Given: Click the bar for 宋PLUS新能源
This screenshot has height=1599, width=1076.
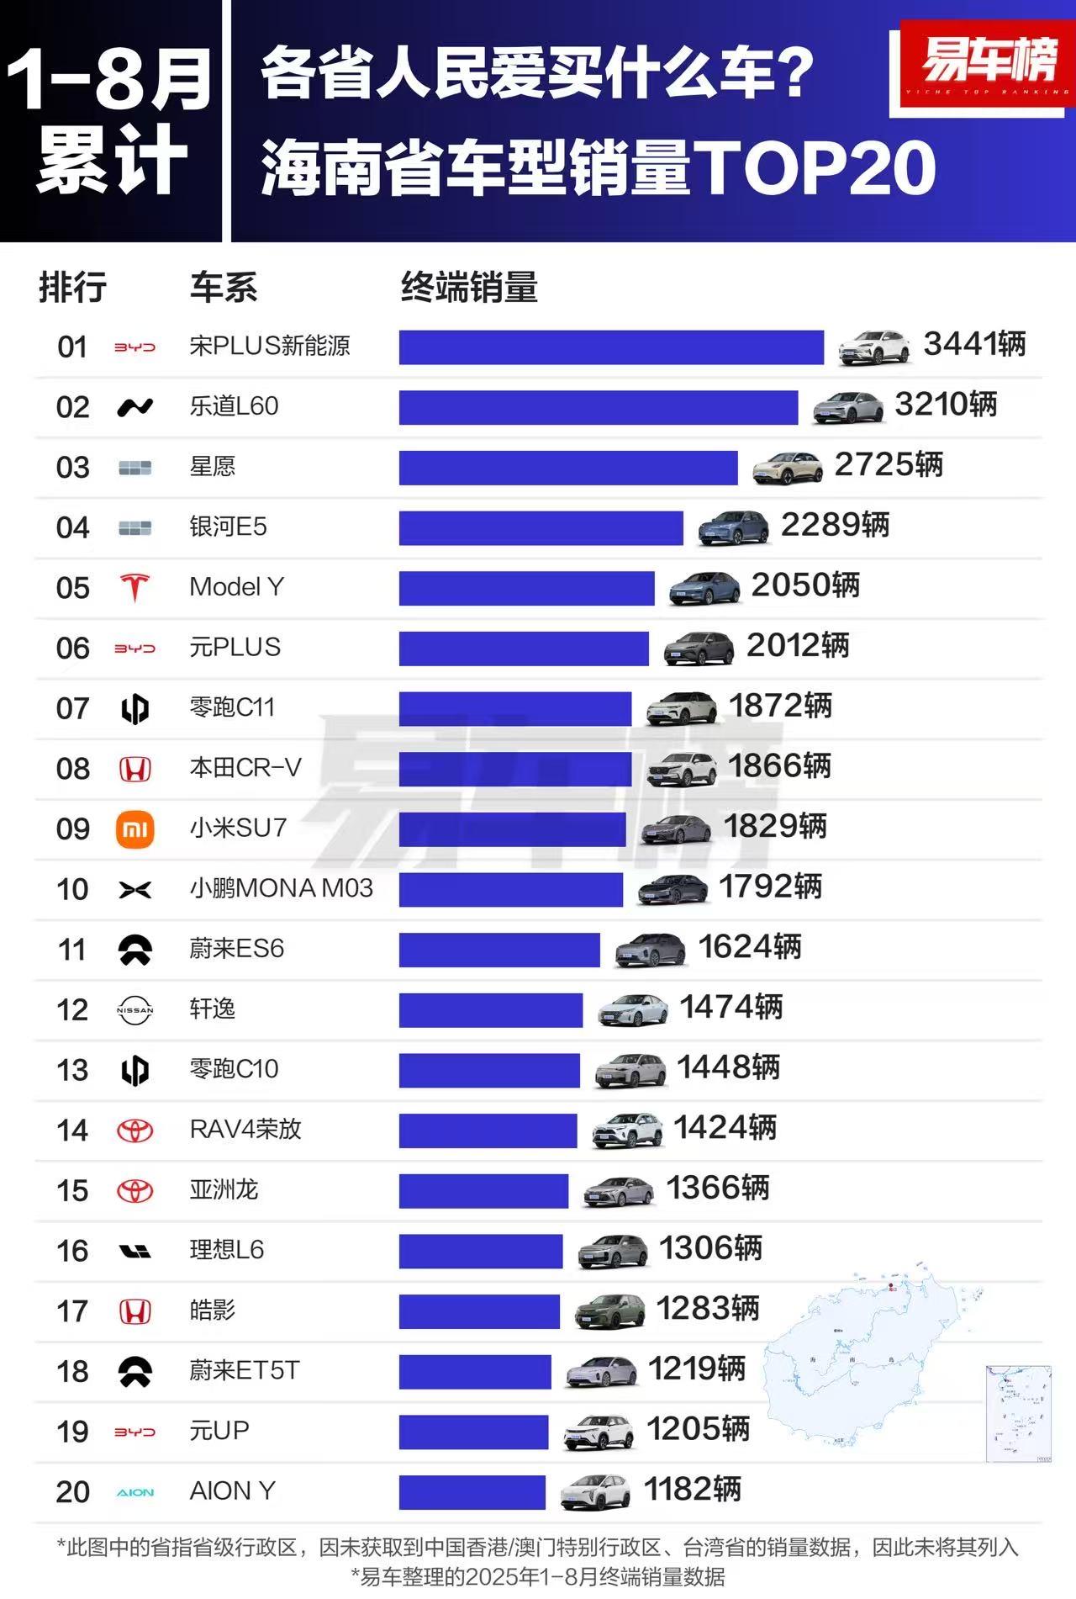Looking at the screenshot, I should pos(611,347).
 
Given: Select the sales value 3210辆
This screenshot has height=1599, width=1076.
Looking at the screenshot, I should pos(946,405).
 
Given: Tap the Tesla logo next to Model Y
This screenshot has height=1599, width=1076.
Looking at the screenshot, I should pos(134,587).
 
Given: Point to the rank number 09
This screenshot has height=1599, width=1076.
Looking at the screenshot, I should pos(72,829).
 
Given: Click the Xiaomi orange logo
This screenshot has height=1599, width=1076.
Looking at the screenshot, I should pos(134,830).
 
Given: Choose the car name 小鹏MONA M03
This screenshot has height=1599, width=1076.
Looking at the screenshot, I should pos(281,888).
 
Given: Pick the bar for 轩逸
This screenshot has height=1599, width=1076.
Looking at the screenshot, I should pos(490,1010).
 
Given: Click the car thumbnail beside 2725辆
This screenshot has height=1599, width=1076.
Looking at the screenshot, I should pos(787,468).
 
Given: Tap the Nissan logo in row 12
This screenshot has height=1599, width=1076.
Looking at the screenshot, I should pos(134,1010).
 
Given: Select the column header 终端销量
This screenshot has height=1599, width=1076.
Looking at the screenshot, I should pos(469,288).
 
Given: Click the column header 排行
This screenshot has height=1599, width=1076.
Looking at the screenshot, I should pos(73,288).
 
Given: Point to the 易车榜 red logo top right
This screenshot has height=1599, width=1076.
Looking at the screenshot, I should pos(987,64).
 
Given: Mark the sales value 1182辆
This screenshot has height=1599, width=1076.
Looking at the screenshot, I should pos(692,1490).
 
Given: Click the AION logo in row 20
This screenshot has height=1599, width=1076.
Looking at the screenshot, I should pos(134,1492).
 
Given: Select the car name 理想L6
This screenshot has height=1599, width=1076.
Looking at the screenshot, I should pos(226,1250).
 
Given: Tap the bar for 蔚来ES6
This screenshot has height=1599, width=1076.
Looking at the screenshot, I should pos(499,950).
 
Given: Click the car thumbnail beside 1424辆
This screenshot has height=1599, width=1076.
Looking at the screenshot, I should pos(627,1130).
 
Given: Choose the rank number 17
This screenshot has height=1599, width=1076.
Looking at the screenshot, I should pos(72,1311).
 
